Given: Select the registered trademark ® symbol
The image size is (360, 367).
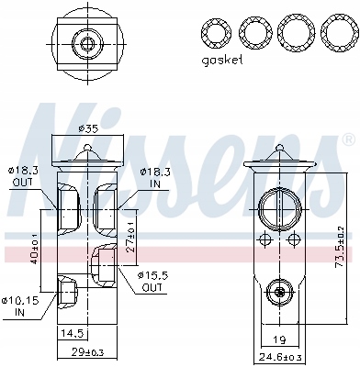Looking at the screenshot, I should (347, 140).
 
